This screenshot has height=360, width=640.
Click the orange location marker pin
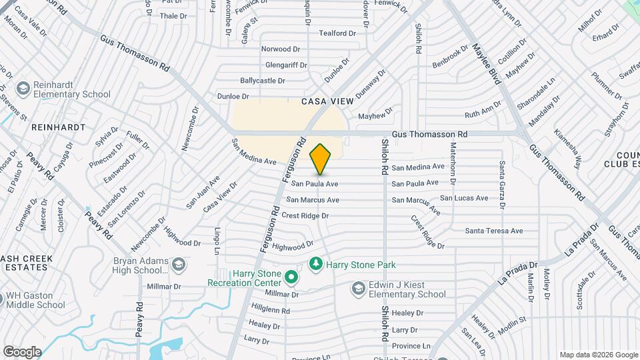pos(321,159)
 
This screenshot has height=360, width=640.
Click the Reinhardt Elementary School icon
pos(23,89)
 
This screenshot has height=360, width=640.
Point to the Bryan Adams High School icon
pos(178,265)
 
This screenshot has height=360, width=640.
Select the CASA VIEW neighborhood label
pos(327,101)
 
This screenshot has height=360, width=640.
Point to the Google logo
pos(22,351)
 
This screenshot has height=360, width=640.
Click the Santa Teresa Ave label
pos(494,231)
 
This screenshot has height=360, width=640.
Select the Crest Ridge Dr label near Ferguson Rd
pos(305,215)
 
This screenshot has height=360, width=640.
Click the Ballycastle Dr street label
pos(263,80)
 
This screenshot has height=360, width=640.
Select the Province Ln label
pos(411,345)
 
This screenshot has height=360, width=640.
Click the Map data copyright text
pos(597,355)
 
